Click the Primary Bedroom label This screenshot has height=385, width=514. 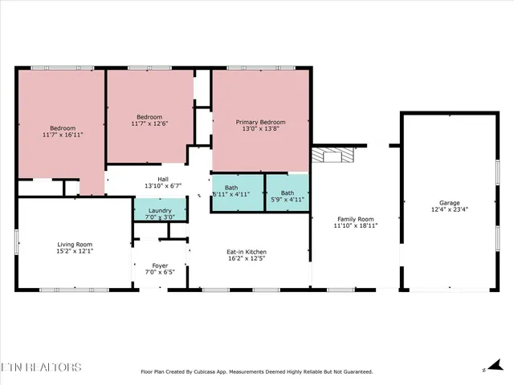[260, 123]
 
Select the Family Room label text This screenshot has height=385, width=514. [355, 219]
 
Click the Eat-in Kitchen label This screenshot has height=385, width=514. [246, 252]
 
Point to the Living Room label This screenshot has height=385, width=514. [74, 244]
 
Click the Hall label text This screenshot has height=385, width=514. [162, 179]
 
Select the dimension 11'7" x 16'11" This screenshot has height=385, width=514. [63, 135]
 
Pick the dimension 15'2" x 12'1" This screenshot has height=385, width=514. [74, 251]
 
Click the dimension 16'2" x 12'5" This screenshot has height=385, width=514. [246, 259]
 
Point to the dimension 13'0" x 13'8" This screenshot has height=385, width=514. [260, 130]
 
